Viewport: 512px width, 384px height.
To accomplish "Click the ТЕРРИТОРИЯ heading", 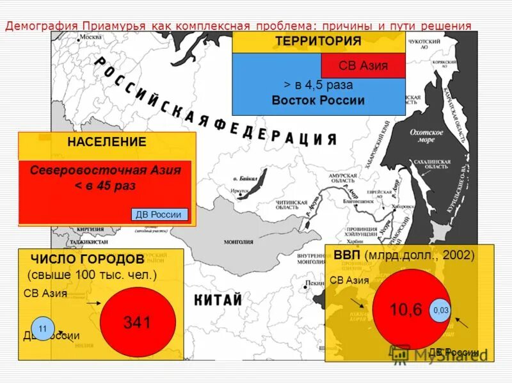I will pyautogui.click(x=318, y=42).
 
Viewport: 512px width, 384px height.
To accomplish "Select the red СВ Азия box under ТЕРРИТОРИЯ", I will pyautogui.click(x=363, y=65).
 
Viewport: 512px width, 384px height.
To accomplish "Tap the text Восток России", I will pyautogui.click(x=318, y=100).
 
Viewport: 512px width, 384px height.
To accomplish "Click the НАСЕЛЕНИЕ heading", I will pyautogui.click(x=107, y=142).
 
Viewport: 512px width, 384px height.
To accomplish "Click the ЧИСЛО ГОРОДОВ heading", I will pyautogui.click(x=87, y=259).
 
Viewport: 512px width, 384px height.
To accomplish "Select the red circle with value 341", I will pyautogui.click(x=137, y=321).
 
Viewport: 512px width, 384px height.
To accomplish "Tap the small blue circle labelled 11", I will pyautogui.click(x=42, y=328).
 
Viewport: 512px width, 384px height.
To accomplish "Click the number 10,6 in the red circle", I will pyautogui.click(x=406, y=310).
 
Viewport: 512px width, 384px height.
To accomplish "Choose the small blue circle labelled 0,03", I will pyautogui.click(x=441, y=310).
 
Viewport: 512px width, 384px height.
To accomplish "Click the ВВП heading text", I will pyautogui.click(x=347, y=255).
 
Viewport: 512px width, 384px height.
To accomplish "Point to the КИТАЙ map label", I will pyautogui.click(x=218, y=300).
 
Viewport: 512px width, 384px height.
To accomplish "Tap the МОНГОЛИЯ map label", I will pyautogui.click(x=238, y=242).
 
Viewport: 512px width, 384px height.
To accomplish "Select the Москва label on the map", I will pyautogui.click(x=90, y=36).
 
